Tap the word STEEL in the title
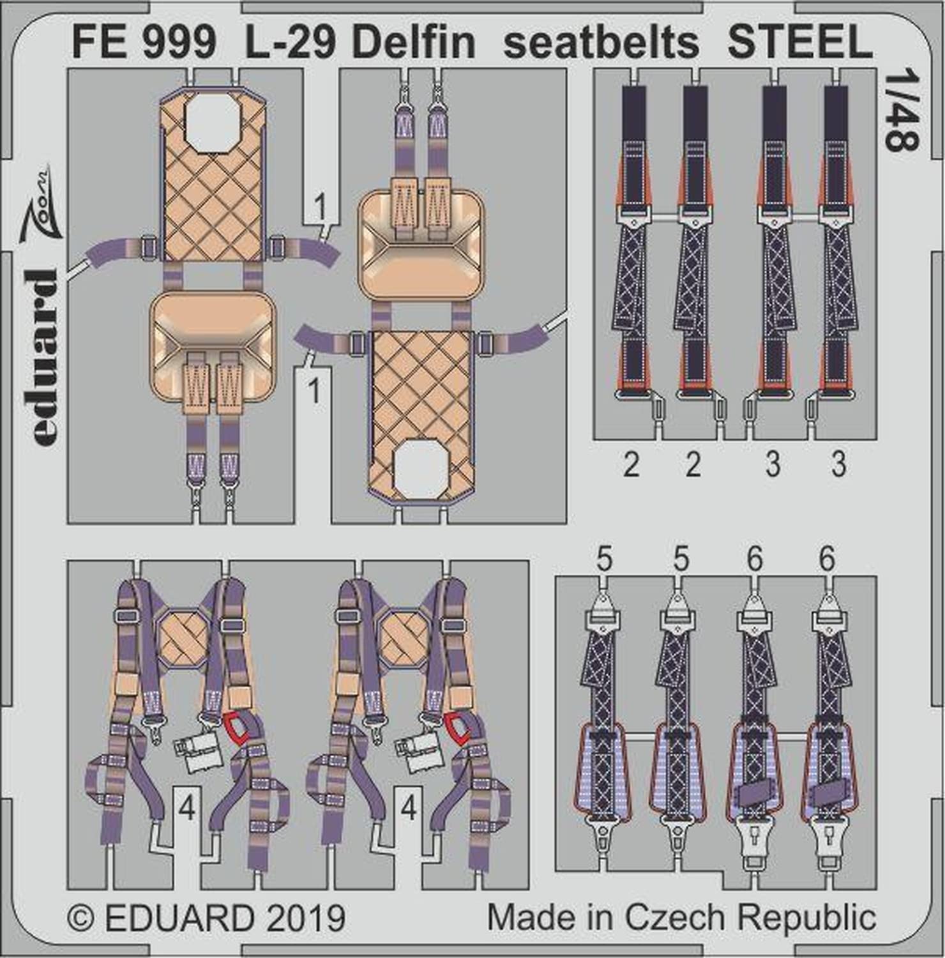pyautogui.click(x=799, y=43)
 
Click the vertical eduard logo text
pyautogui.click(x=44, y=358)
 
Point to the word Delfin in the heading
pyautogui.click(x=414, y=43)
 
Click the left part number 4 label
pyautogui.click(x=187, y=809)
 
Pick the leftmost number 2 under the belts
pyautogui.click(x=631, y=464)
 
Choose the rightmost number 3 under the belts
pyautogui.click(x=839, y=464)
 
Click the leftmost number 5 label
pyautogui.click(x=603, y=559)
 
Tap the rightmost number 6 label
pyautogui.click(x=826, y=559)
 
